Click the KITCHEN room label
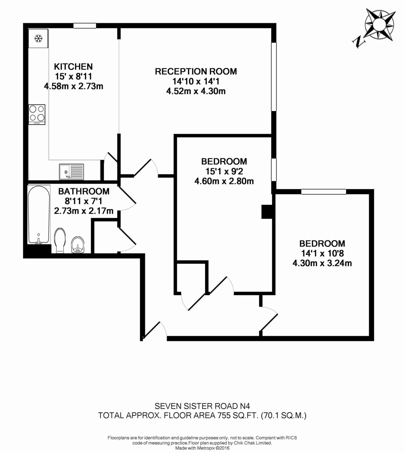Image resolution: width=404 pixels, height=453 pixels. click(x=73, y=66)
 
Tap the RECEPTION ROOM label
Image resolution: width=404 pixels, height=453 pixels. click(x=196, y=71)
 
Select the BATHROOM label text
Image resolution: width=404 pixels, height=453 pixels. click(x=84, y=191)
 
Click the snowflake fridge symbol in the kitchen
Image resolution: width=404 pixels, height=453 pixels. click(x=38, y=38)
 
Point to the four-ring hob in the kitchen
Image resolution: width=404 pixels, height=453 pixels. click(x=37, y=114)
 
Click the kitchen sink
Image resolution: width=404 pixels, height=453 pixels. click(x=71, y=172)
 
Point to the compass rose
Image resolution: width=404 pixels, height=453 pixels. click(x=380, y=26)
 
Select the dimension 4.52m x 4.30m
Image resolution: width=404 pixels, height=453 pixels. click(x=196, y=91)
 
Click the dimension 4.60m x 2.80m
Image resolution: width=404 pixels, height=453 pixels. click(x=224, y=181)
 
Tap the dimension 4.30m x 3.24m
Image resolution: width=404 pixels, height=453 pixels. click(x=322, y=263)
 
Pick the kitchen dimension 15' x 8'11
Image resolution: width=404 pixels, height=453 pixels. click(x=73, y=76)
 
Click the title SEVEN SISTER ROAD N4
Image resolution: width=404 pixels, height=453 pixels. click(x=202, y=406)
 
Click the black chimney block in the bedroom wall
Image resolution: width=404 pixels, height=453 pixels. click(x=267, y=212)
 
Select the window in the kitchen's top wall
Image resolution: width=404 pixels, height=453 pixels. click(x=85, y=26)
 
